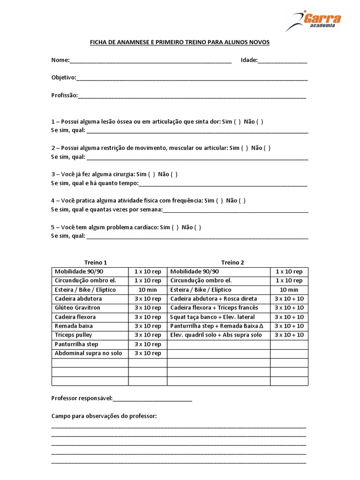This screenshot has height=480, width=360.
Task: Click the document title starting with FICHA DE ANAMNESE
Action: click(180, 43)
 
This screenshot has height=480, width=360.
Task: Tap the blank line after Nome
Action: click(150, 61)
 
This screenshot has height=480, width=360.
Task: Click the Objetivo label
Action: click(63, 77)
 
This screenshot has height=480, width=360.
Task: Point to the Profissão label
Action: click(64, 95)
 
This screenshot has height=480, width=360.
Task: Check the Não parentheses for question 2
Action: click(267, 148)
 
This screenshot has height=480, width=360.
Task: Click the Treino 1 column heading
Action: click(96, 262)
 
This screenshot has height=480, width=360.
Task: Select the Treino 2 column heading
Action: click(232, 262)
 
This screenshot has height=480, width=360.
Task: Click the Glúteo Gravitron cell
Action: click(78, 307)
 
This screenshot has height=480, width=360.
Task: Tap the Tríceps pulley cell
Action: click(74, 335)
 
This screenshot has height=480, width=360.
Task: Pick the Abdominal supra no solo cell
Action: click(88, 353)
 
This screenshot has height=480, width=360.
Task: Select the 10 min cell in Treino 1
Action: click(147, 290)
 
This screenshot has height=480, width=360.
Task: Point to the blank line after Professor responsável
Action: click(152, 399)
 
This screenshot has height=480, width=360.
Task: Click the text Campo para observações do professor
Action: click(104, 416)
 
